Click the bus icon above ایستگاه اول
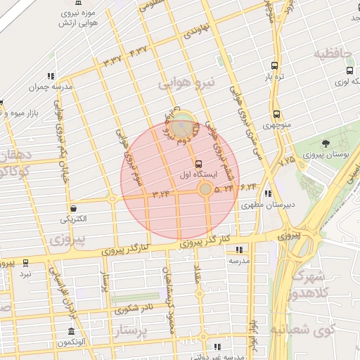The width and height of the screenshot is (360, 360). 198,162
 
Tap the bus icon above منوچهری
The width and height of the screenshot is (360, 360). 276,113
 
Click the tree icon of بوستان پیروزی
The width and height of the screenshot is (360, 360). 326,143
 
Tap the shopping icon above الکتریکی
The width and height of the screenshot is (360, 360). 74,207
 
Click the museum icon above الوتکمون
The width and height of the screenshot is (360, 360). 71,331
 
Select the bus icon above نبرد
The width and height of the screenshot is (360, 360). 25,263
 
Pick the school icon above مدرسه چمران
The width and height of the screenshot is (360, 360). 51,76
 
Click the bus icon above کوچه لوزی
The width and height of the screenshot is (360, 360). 349,70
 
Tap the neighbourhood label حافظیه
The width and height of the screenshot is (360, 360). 332,53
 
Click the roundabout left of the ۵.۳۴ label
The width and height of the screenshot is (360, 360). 205,189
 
